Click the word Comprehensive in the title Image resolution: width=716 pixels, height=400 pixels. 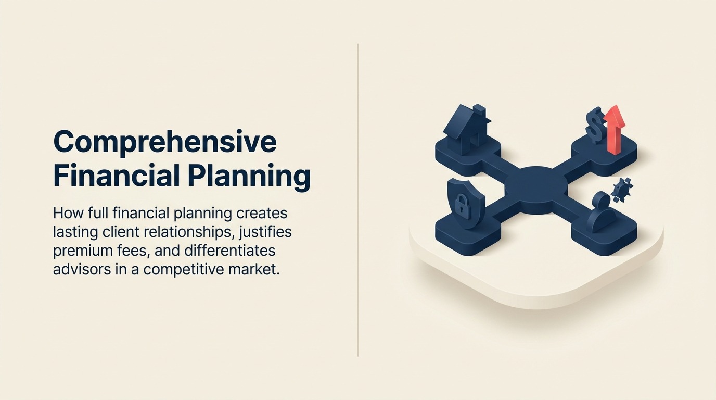(164, 141)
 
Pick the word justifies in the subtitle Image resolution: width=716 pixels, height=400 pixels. (267, 232)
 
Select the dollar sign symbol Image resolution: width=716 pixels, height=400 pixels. (594, 125)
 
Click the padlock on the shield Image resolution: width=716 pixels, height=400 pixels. (462, 205)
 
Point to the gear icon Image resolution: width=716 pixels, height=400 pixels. (622, 190)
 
